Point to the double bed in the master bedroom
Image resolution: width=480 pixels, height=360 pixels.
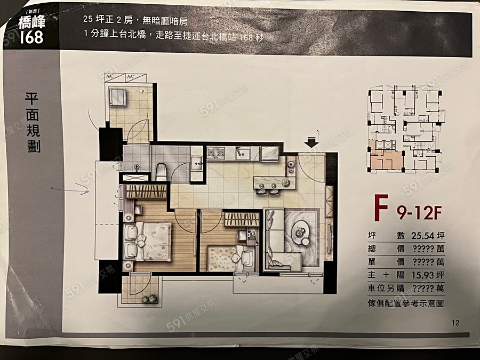(148, 242)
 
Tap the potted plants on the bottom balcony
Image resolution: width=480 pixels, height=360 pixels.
(149, 299)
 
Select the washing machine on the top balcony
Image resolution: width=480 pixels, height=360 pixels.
(117, 97)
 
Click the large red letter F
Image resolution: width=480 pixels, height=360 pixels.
(380, 210)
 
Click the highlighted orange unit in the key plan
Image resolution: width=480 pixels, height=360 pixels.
(385, 160)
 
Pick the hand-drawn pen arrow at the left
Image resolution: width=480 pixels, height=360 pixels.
(70, 188)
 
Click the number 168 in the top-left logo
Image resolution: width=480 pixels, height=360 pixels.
(31, 38)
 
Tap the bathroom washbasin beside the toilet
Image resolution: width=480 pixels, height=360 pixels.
(196, 163)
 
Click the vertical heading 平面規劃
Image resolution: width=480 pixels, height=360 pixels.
(33, 123)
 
